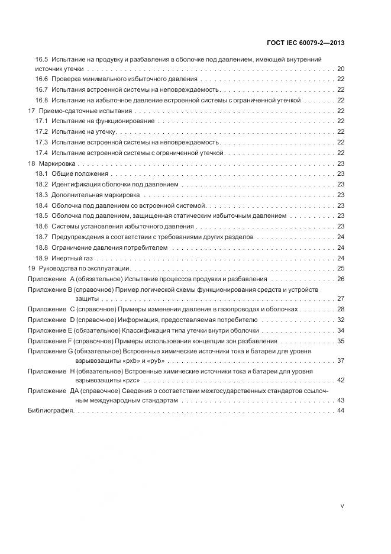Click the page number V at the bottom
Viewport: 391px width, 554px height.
click(342, 506)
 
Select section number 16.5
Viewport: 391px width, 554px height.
click(41, 60)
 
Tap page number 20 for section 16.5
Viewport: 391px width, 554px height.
click(341, 69)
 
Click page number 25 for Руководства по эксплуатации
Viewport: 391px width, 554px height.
click(341, 268)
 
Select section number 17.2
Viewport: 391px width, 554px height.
click(41, 131)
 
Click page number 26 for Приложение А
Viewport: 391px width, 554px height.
click(341, 278)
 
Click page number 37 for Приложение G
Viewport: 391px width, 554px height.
click(341, 360)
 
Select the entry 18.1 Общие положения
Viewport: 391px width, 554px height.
click(72, 173)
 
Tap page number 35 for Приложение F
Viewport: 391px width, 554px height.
click(341, 341)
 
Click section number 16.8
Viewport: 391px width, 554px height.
click(41, 100)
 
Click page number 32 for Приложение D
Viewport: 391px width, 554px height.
click(341, 320)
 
